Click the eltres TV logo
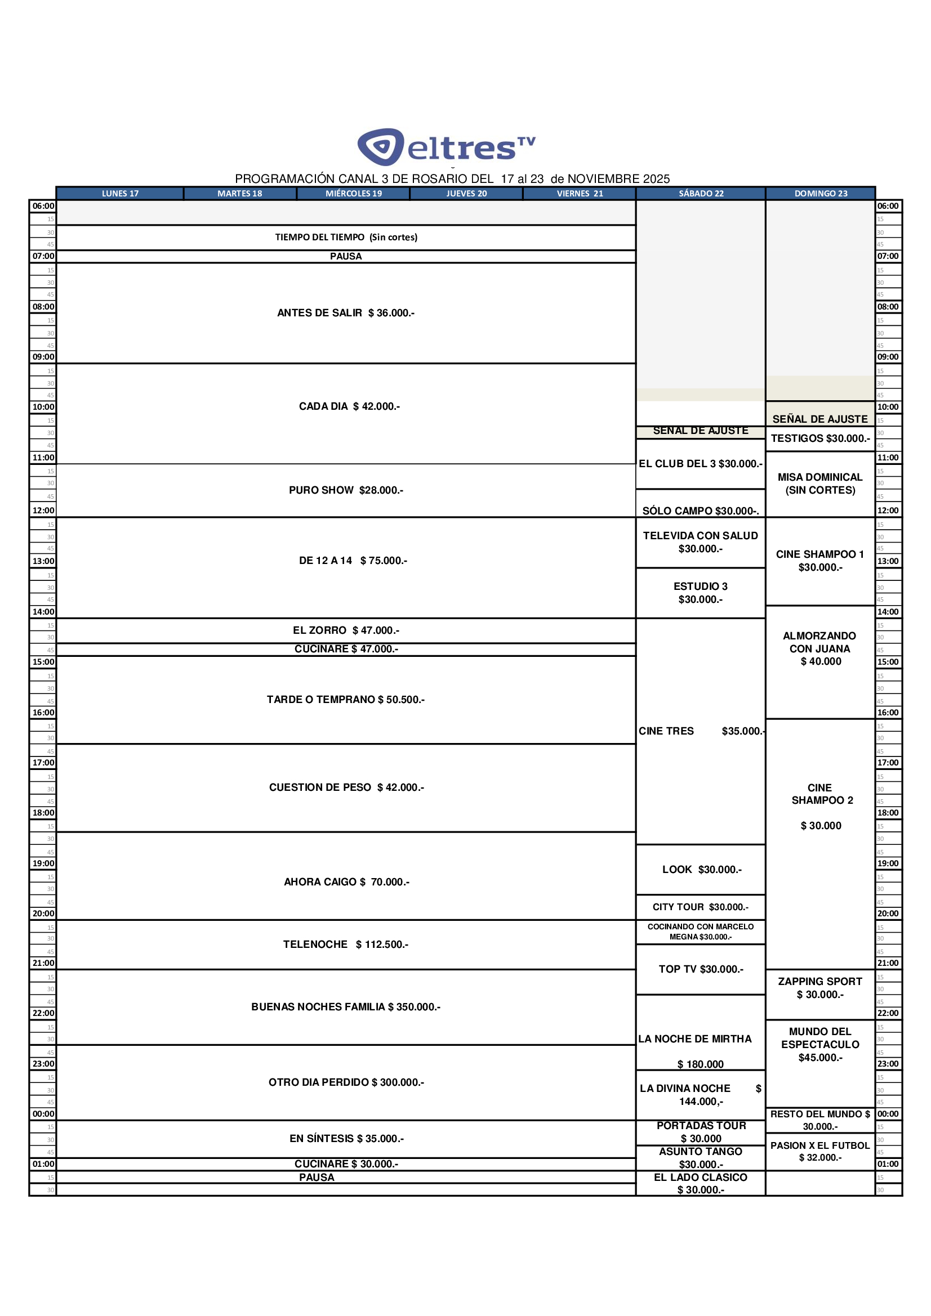tap(446, 147)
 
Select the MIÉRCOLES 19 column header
tap(353, 194)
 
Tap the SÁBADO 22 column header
tap(701, 194)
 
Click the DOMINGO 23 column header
tap(820, 194)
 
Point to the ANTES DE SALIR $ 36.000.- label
tap(346, 313)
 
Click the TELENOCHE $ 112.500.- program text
tap(346, 944)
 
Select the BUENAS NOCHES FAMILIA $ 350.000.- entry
tap(346, 1006)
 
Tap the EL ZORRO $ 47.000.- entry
tap(346, 630)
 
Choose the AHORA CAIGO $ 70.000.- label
tap(346, 881)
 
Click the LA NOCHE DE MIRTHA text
tap(694, 1039)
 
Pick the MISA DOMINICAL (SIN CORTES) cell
tap(820, 484)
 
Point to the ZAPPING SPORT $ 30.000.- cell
tap(819, 988)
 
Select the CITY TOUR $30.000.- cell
tap(701, 907)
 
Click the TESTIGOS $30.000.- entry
tap(820, 438)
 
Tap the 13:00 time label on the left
tap(43, 561)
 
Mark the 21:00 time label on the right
tap(888, 963)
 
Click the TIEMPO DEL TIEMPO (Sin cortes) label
tap(346, 238)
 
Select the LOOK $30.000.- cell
tap(702, 870)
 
